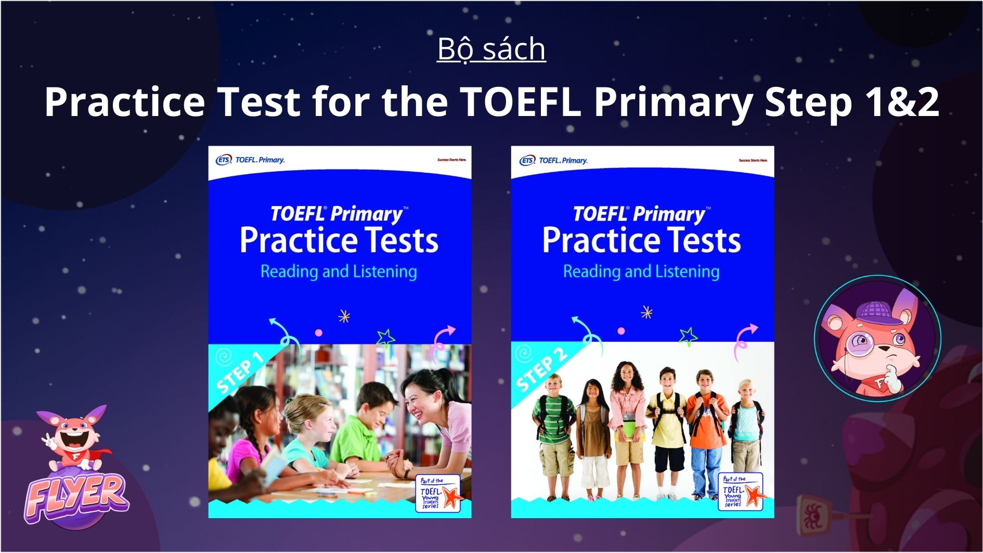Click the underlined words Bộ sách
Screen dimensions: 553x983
pyautogui.click(x=491, y=49)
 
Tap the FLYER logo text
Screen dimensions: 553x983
pyautogui.click(x=76, y=495)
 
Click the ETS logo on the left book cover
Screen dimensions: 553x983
pyautogui.click(x=224, y=160)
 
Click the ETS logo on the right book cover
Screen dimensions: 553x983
pyautogui.click(x=527, y=160)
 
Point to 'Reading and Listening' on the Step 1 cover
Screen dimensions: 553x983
pyautogui.click(x=339, y=272)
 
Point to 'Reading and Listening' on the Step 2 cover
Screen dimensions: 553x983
pyautogui.click(x=641, y=272)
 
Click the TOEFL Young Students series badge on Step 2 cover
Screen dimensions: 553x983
pyautogui.click(x=741, y=492)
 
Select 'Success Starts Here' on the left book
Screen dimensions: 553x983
pyautogui.click(x=451, y=160)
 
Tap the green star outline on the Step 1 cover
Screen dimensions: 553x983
pyautogui.click(x=385, y=338)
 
